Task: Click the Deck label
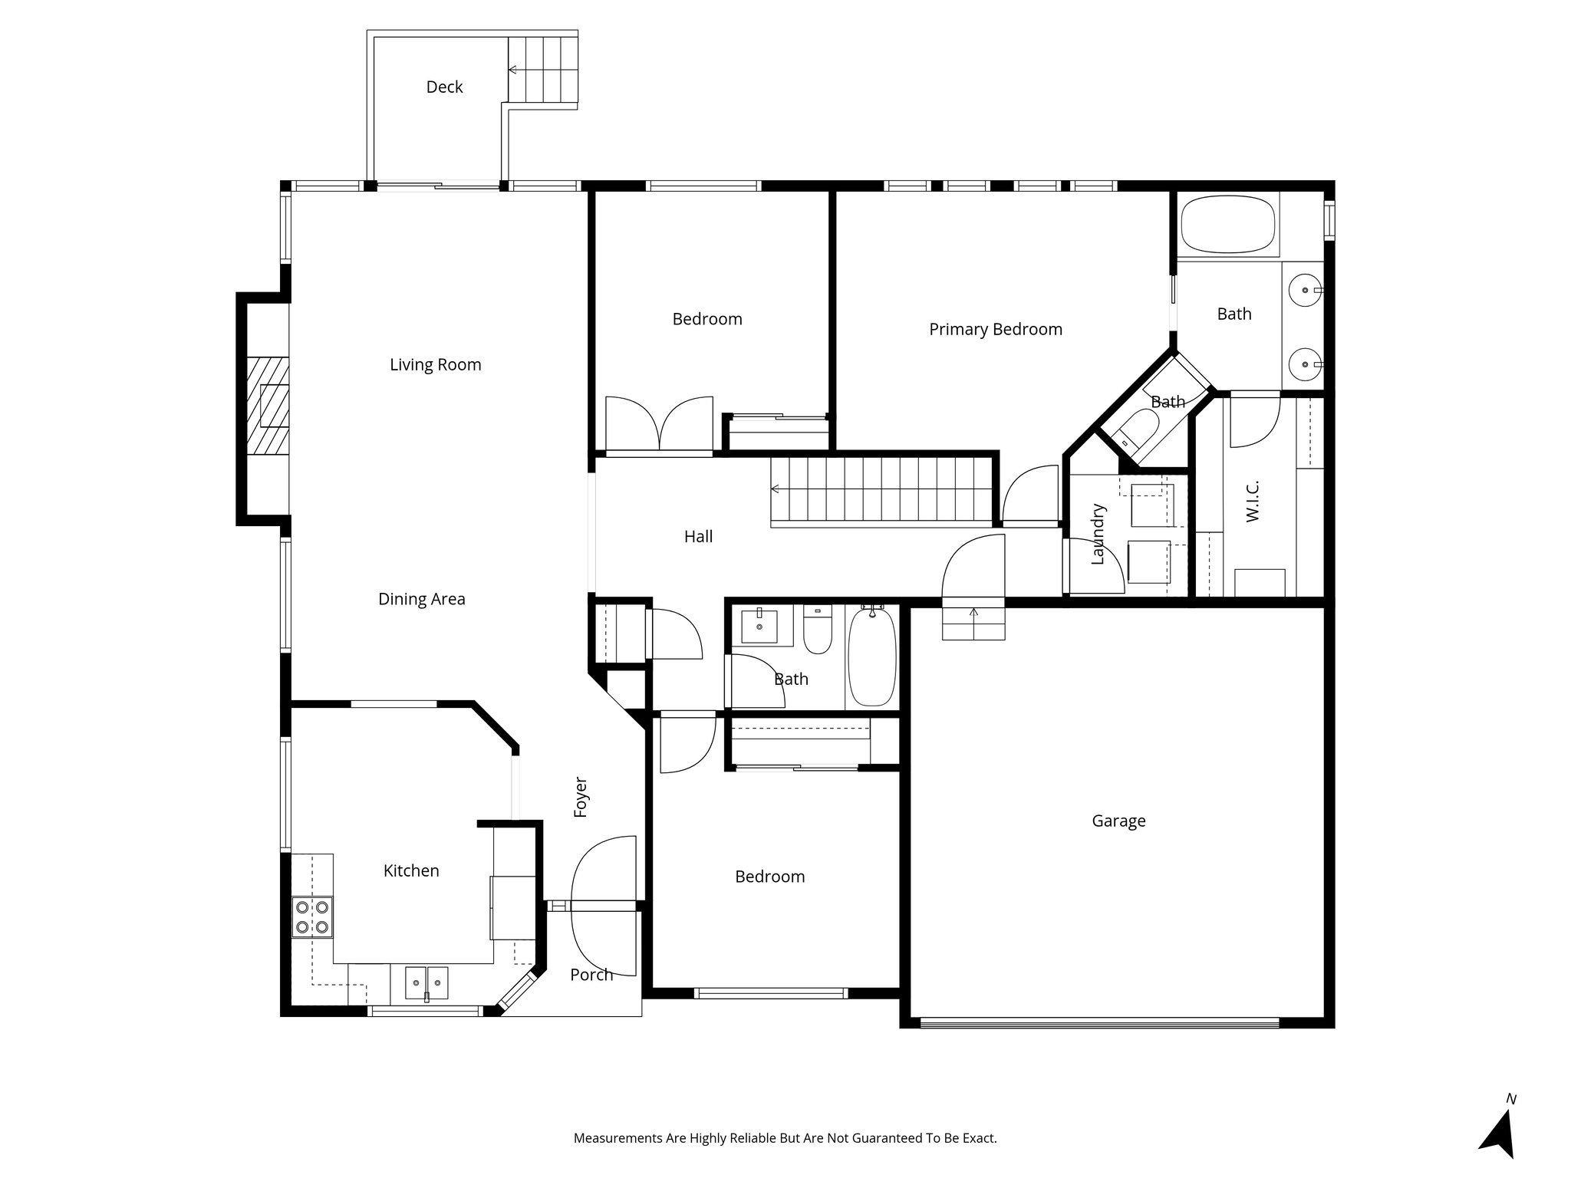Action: tap(444, 87)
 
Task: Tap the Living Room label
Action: tap(435, 365)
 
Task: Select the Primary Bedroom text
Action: tap(995, 330)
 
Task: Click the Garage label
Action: tap(1118, 821)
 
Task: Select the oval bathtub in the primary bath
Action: tap(1227, 224)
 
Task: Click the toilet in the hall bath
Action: tap(818, 630)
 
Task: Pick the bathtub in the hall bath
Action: tap(871, 656)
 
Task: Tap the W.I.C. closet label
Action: tap(1253, 502)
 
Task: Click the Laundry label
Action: tap(1097, 534)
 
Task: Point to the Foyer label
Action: tap(581, 797)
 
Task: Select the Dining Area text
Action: tap(421, 600)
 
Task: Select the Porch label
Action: tap(591, 975)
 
